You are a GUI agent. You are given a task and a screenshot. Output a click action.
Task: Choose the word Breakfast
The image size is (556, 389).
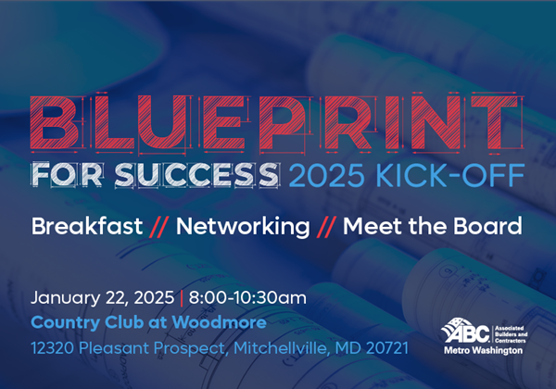(x=87, y=226)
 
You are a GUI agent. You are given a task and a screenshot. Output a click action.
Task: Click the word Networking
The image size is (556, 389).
(x=243, y=226)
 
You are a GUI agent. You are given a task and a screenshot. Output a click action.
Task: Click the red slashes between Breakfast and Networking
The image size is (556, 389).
(x=159, y=226)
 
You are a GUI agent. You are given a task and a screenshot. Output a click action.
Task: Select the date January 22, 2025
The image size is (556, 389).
(x=102, y=298)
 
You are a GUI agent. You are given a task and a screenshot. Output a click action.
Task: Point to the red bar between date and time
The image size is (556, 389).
(x=182, y=298)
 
